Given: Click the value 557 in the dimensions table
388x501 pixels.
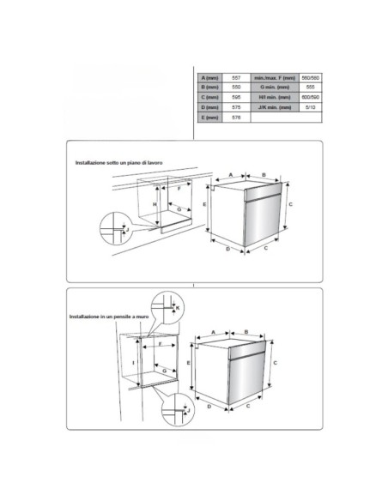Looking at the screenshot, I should [237, 78].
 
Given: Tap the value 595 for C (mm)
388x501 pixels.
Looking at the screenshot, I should [237, 98].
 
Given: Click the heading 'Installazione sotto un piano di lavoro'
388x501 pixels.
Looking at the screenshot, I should [118, 162].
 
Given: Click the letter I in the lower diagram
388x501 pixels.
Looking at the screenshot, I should [134, 364].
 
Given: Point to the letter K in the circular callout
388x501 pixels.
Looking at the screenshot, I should [178, 306].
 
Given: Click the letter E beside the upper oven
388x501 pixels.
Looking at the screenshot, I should [204, 206].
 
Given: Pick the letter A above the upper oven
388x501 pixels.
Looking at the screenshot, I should [232, 174].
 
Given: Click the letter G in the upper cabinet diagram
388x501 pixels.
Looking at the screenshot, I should [178, 208].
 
